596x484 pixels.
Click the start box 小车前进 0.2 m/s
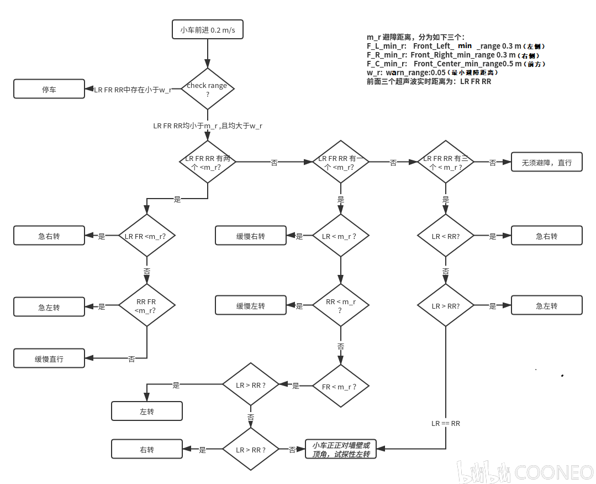tap(208, 30)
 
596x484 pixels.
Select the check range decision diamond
tap(208, 89)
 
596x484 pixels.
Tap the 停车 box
tap(49, 89)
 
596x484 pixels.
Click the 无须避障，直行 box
tap(546, 162)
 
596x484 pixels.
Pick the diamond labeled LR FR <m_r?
tap(147, 236)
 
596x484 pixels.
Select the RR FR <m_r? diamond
tap(147, 305)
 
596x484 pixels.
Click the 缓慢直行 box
tap(49, 358)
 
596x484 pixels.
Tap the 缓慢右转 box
tap(251, 236)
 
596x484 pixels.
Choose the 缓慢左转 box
tap(251, 305)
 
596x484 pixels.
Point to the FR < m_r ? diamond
tap(340, 386)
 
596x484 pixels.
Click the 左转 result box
tap(147, 411)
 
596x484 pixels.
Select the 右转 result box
tap(147, 449)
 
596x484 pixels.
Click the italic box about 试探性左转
tap(341, 449)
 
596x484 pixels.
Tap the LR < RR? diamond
tap(446, 236)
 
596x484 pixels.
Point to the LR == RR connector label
tap(446, 423)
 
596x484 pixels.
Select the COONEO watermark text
tap(554, 472)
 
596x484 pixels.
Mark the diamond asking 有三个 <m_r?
tap(446, 162)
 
